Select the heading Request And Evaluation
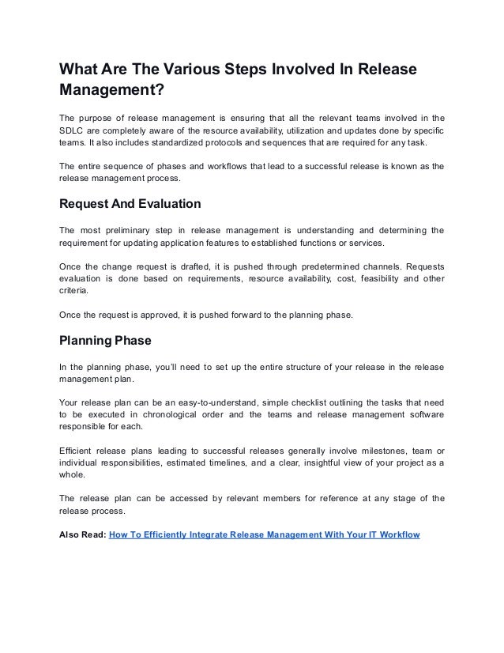pyautogui.click(x=130, y=203)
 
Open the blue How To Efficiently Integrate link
pyautogui.click(x=264, y=534)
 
